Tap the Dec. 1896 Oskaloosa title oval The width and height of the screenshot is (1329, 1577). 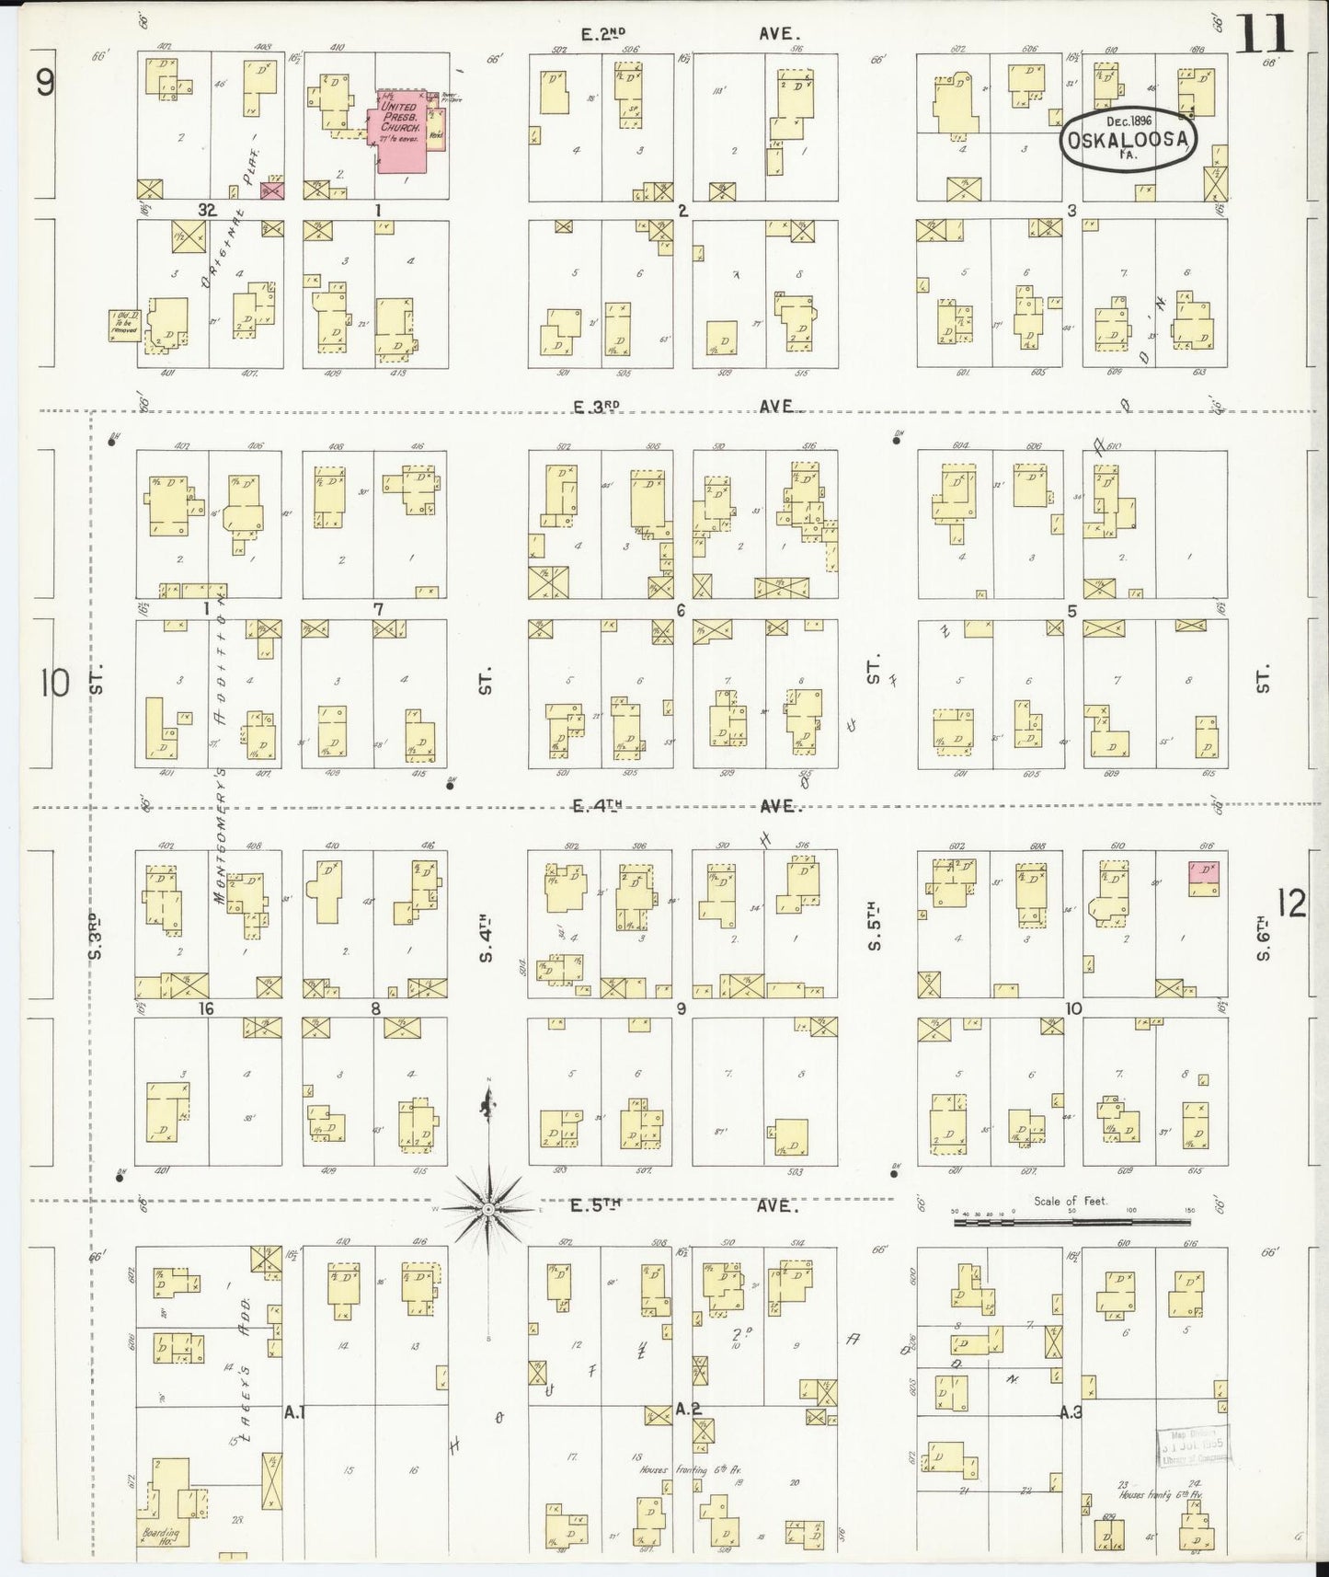pos(1130,139)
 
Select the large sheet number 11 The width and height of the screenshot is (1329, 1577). pos(1264,36)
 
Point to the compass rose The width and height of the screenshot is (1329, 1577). pos(489,1206)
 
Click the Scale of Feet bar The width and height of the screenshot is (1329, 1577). pos(1071,1222)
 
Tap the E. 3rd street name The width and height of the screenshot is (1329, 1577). pos(599,406)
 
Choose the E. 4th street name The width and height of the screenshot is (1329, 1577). pos(597,806)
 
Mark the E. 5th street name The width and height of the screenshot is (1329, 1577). pos(597,1205)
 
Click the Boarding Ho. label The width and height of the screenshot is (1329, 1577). pos(160,1537)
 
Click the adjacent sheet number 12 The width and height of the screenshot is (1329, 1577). pos(1291,904)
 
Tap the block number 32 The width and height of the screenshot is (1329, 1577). pos(206,210)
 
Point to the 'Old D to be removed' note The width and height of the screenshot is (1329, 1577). pos(124,325)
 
